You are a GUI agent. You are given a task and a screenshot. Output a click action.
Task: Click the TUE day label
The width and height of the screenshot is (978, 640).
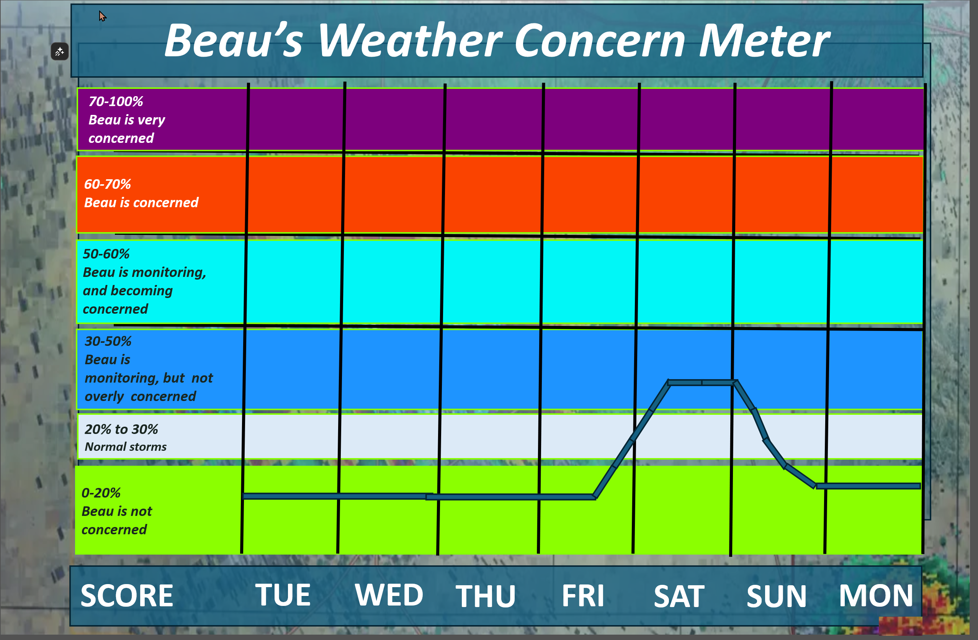283,595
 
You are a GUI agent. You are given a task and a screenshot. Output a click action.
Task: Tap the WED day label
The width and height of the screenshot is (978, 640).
389,595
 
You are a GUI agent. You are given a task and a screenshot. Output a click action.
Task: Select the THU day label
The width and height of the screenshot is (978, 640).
485,596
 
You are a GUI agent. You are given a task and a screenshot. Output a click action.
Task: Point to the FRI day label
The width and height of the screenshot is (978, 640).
583,596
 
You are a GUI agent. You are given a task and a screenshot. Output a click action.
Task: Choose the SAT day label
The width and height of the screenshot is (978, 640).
679,596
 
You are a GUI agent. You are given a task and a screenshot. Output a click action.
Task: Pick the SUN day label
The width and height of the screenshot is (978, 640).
776,596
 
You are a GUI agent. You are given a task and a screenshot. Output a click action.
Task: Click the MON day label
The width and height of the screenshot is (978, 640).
876,596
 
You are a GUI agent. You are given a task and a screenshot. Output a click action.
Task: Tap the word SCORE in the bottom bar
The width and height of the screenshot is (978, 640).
127,596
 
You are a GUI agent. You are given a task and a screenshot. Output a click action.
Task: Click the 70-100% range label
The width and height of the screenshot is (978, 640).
116,101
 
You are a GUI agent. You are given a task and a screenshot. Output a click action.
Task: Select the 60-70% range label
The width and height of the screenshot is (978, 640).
107,184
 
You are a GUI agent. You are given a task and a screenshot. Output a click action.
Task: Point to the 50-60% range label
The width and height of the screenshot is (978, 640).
106,254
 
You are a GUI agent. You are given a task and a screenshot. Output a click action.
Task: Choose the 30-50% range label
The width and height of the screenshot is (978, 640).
108,341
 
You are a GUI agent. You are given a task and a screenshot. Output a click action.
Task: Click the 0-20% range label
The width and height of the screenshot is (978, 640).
101,493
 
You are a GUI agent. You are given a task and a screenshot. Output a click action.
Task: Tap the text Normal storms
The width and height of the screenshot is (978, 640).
125,447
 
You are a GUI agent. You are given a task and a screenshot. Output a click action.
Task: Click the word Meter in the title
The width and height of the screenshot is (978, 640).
764,40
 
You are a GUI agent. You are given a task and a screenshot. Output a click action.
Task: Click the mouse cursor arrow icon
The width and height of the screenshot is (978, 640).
102,16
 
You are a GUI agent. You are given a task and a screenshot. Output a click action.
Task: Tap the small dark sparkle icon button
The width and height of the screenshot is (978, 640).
60,52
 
